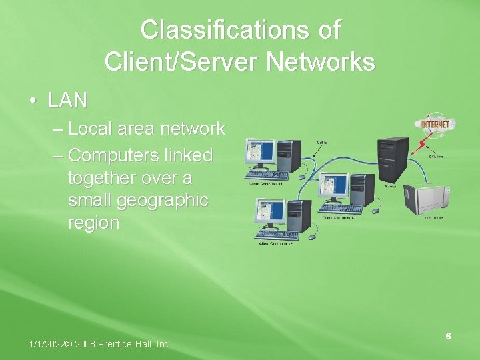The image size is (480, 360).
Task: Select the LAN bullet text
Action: [x=67, y=101]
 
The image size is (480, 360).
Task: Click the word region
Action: [x=93, y=223]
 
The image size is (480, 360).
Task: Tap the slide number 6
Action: [x=449, y=336]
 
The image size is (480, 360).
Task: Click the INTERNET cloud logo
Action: [x=435, y=124]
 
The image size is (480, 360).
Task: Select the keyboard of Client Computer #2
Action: [x=277, y=235]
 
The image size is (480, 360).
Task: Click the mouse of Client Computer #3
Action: [x=375, y=211]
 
